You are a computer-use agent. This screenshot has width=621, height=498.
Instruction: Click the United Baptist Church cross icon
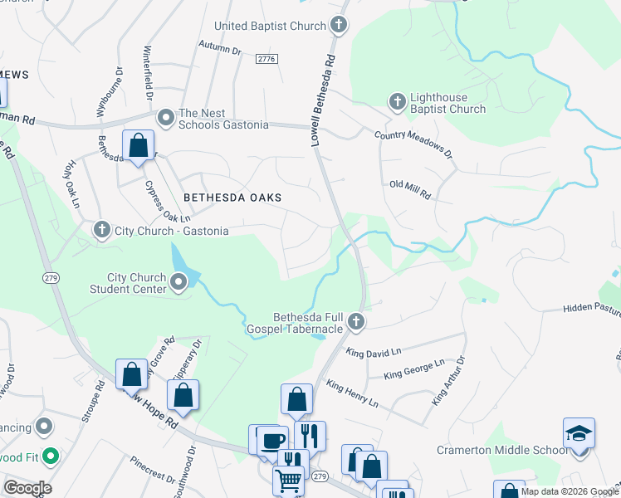point(339,26)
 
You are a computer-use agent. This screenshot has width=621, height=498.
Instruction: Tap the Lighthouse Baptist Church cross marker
point(397,103)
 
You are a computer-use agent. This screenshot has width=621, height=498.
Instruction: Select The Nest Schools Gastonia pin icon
point(165,118)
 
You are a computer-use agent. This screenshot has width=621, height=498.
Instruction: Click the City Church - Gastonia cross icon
point(101,230)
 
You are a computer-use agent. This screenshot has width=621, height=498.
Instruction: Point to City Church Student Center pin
point(178,284)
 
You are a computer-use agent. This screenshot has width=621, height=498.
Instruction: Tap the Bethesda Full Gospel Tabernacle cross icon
point(356,320)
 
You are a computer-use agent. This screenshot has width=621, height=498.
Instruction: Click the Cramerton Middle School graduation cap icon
point(579,434)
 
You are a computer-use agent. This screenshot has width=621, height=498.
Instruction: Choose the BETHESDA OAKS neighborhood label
point(232,198)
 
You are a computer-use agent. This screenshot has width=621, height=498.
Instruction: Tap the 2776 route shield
point(266,59)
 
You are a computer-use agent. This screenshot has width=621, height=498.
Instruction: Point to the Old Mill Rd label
point(410,189)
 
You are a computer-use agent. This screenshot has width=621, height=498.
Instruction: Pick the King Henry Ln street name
point(352,394)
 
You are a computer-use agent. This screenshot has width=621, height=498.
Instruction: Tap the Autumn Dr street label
point(219,51)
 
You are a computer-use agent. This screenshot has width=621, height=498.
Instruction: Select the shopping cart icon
point(288,479)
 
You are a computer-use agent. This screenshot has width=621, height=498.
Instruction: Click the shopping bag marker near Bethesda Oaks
point(139,145)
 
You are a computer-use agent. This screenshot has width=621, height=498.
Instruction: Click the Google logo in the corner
point(27,487)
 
